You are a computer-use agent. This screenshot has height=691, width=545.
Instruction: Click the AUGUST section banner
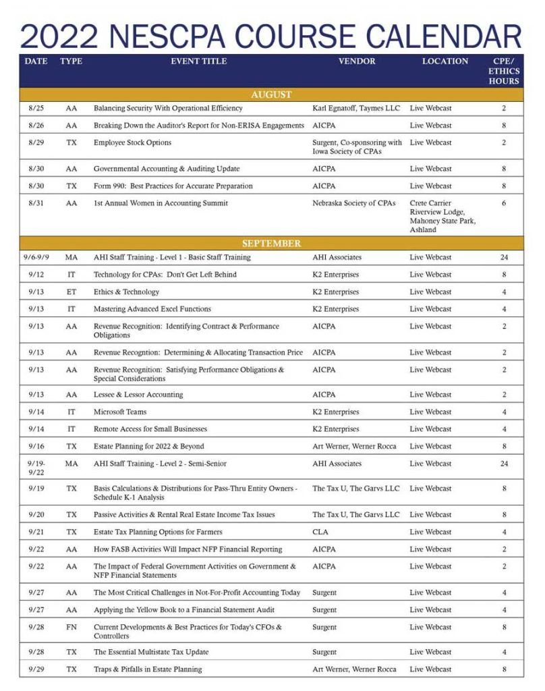[271, 94]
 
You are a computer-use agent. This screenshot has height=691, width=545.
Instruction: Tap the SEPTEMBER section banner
[271, 244]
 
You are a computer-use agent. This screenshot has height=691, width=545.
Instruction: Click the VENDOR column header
[357, 61]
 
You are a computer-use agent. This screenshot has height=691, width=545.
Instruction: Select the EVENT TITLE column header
[199, 61]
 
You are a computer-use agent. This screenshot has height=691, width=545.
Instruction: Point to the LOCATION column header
[445, 61]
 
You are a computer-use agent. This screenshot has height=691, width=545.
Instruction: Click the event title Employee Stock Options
[132, 142]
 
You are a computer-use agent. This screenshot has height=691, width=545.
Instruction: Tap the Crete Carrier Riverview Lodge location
[436, 216]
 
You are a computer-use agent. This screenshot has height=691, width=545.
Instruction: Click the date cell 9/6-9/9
[36, 257]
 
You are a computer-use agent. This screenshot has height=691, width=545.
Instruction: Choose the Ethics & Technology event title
[126, 292]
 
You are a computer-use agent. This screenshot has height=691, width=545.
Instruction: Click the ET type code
[71, 292]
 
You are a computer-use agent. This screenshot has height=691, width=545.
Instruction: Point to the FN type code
[71, 627]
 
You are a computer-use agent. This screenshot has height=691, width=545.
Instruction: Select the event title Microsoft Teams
[120, 412]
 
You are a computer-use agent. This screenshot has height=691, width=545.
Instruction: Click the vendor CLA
[320, 532]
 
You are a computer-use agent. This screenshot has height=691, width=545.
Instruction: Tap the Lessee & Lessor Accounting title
[139, 395]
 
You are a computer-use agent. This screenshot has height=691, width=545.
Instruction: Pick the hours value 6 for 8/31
[504, 203]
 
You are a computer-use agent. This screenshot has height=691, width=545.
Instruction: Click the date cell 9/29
[36, 669]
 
